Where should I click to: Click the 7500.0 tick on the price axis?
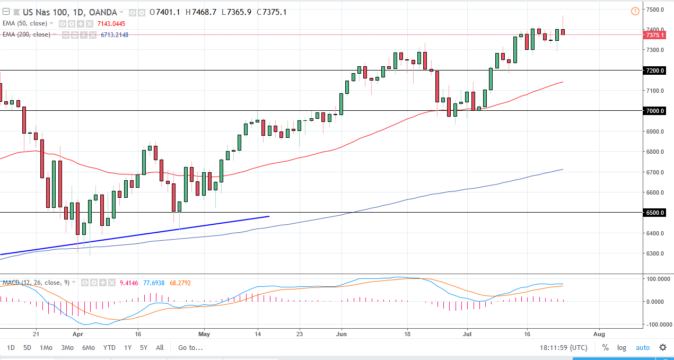pos(655,10)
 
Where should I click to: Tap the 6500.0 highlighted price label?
pos(655,213)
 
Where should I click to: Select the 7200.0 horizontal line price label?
pos(655,71)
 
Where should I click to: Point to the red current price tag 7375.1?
pos(655,35)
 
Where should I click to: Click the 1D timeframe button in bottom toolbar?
pos(11,348)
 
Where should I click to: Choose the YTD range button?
pos(109,348)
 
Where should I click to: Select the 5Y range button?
pos(144,348)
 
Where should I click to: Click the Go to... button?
pos(190,348)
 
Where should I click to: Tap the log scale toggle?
pos(622,348)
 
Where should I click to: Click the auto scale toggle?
pos(642,348)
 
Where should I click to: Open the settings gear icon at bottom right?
pos(663,348)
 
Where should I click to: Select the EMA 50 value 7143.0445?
pos(111,24)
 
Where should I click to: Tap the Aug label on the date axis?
pos(599,335)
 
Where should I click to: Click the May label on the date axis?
pos(205,335)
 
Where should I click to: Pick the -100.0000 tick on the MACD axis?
pos(657,324)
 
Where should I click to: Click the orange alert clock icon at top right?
pos(635,11)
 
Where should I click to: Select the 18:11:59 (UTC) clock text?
pos(563,348)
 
